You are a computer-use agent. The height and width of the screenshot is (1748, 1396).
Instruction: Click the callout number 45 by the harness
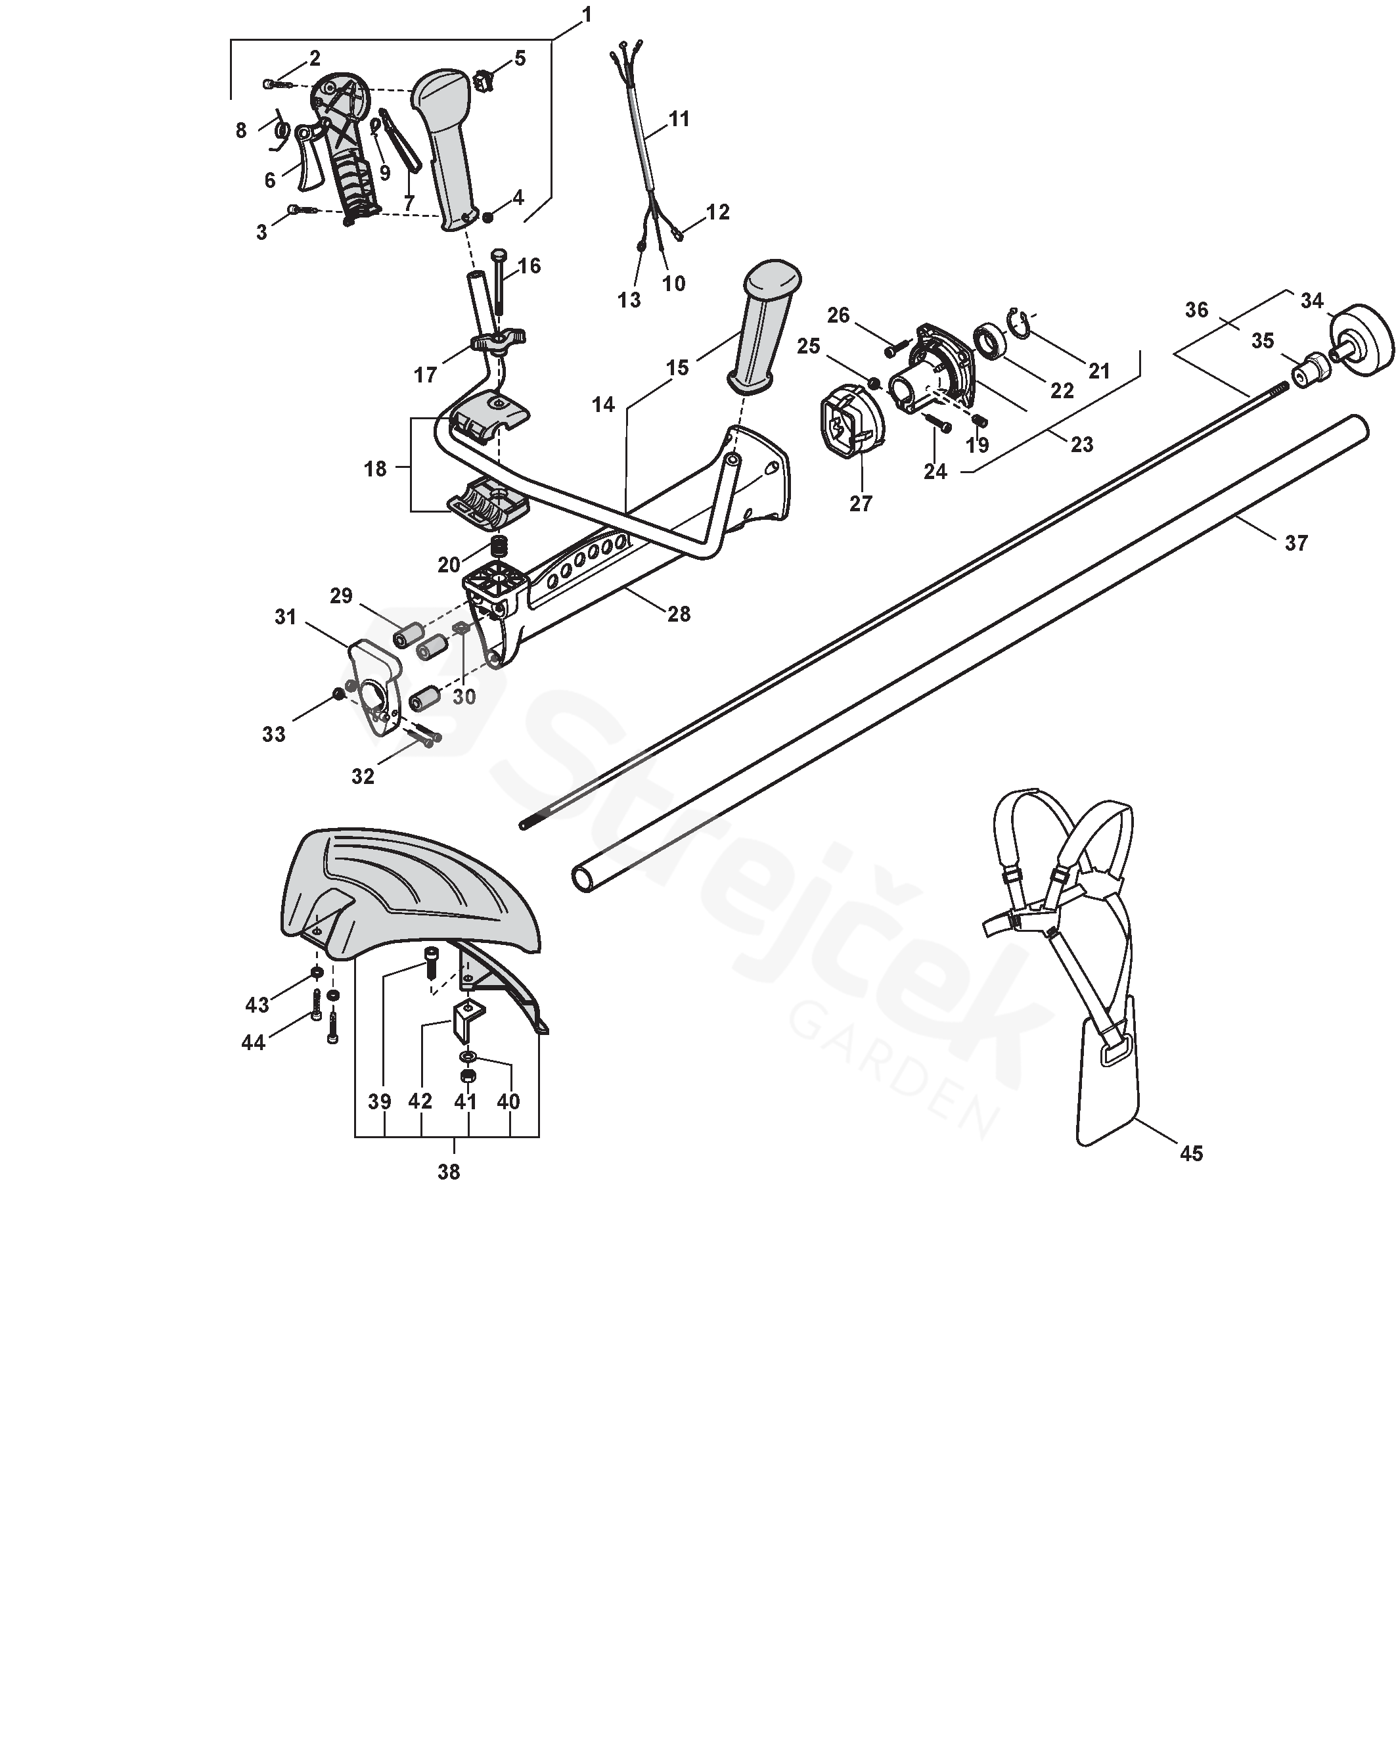pyautogui.click(x=1190, y=1153)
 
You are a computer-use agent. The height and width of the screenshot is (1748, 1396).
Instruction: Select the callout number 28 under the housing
pyautogui.click(x=679, y=614)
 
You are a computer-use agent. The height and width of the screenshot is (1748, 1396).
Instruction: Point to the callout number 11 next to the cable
pyautogui.click(x=679, y=118)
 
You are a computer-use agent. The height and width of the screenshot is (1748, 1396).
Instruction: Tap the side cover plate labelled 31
pyautogui.click(x=374, y=683)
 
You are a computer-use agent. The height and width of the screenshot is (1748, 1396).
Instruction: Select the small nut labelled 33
pyautogui.click(x=337, y=693)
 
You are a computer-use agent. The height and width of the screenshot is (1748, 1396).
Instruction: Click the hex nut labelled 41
pyautogui.click(x=467, y=1076)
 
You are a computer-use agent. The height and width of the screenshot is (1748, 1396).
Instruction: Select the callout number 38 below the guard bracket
pyautogui.click(x=448, y=1172)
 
